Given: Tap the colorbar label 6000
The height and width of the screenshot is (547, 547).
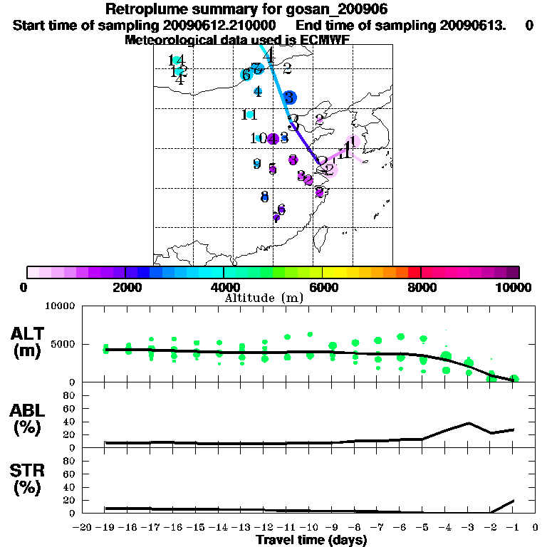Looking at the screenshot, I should (x=323, y=288).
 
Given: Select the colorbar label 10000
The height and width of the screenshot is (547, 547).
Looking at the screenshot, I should (x=513, y=288).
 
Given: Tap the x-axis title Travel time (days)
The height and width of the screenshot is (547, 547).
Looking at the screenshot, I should (x=311, y=541).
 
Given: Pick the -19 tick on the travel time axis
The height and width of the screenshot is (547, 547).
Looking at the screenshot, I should (x=105, y=528).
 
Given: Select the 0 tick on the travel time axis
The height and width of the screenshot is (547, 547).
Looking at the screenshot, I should (x=536, y=528).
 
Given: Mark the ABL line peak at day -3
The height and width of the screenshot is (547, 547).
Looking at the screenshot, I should (x=468, y=422).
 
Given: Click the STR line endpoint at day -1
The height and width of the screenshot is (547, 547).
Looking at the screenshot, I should (x=513, y=501).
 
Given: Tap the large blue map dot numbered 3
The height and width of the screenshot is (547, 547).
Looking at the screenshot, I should (x=288, y=98).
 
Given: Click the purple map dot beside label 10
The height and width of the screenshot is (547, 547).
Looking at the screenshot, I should (x=273, y=138).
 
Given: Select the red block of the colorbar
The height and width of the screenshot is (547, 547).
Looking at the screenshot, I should (x=414, y=272).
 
